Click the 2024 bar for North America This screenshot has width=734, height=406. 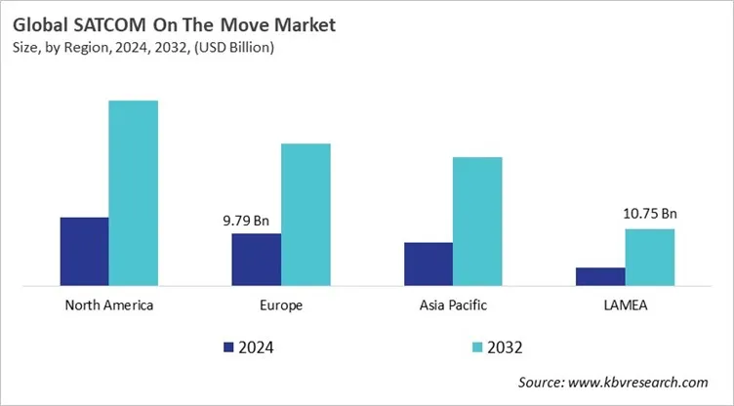click(x=84, y=252)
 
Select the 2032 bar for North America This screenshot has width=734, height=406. click(x=133, y=193)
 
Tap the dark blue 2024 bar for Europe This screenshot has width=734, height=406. click(x=256, y=260)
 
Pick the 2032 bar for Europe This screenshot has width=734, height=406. click(x=306, y=215)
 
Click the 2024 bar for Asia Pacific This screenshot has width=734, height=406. click(x=428, y=264)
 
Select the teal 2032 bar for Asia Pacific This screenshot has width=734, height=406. click(x=477, y=222)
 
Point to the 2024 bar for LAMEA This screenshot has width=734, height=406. click(x=600, y=276)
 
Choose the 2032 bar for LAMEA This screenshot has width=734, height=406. click(x=649, y=258)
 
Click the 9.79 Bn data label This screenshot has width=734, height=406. click(x=246, y=221)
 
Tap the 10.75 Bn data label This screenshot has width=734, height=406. click(x=649, y=214)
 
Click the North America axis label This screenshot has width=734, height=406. click(x=108, y=305)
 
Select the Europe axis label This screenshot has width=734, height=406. click(x=281, y=305)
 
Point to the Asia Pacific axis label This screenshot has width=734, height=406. click(x=453, y=305)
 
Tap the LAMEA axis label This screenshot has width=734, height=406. click(x=625, y=305)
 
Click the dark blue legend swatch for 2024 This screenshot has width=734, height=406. click(x=228, y=346)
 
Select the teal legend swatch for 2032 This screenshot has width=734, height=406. click(x=476, y=346)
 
